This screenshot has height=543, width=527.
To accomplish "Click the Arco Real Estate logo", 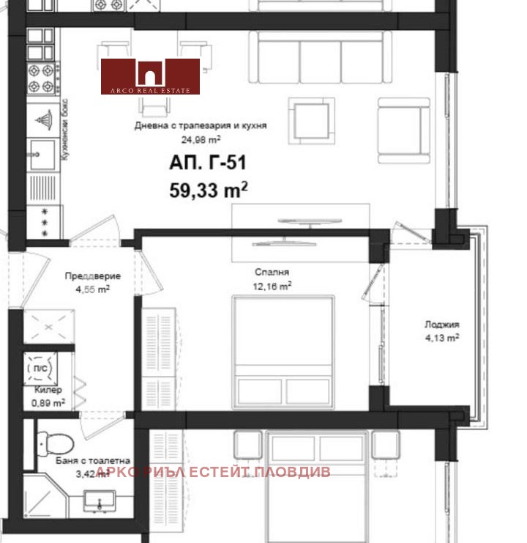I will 150,76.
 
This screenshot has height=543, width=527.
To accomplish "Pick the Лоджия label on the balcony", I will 441,325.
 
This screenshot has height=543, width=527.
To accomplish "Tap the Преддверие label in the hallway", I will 93,276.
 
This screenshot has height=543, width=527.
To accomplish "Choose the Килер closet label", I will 48,390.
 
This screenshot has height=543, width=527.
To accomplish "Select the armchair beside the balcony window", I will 403,130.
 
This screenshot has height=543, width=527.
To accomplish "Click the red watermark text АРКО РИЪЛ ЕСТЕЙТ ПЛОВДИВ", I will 213,471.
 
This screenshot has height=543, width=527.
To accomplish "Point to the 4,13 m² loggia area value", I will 442,338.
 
